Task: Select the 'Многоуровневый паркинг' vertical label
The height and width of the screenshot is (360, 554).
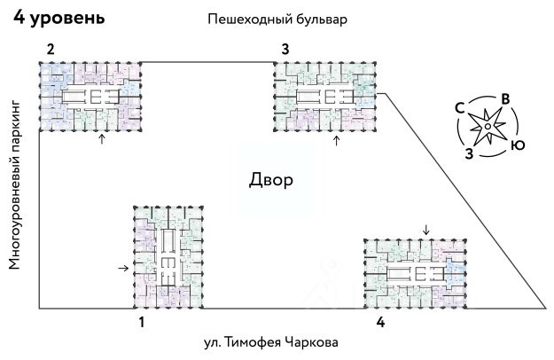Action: pos(14,185)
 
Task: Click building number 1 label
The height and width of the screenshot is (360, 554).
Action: pos(141,322)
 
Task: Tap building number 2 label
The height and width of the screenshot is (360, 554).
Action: pos(51,49)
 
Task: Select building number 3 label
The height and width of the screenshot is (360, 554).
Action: pos(285,49)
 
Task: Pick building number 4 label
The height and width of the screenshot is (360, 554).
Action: pos(380,322)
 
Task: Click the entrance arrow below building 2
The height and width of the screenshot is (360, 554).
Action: pos(102,139)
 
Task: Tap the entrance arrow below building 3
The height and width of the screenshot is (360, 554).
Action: pos(335,140)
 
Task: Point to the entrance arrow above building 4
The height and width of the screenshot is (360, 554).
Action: pos(426,230)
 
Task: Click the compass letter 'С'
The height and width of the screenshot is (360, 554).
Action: pos(460,106)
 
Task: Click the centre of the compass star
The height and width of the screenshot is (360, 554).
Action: pos(488,127)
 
